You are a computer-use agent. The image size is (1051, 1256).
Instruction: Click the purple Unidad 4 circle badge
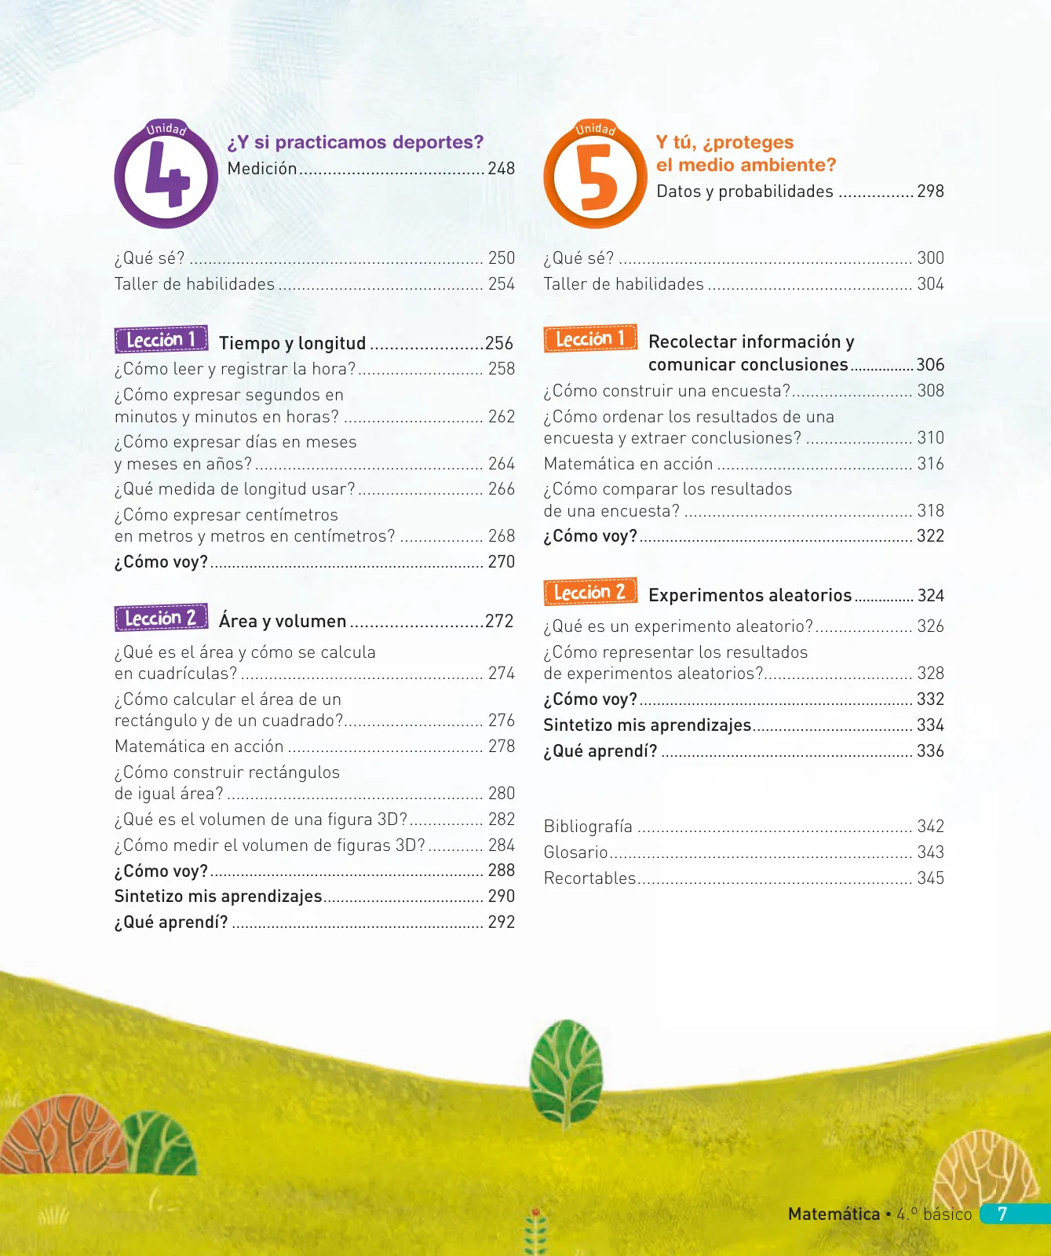(166, 175)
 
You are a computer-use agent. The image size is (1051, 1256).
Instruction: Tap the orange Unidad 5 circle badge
(596, 175)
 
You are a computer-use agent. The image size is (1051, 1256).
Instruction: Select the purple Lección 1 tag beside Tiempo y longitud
(161, 339)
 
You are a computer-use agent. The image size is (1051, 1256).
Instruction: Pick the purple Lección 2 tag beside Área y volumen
(161, 618)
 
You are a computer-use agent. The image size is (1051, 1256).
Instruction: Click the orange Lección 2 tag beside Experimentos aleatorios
(590, 592)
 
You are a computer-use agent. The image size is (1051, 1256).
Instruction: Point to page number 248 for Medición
(502, 169)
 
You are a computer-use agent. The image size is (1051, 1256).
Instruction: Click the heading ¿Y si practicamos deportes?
(356, 142)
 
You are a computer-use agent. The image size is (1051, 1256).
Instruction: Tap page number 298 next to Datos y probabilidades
(931, 192)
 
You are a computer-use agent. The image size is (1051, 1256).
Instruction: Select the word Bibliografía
(588, 827)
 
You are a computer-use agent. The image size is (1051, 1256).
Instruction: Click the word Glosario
(576, 853)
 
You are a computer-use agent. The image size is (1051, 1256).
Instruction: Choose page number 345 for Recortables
(931, 878)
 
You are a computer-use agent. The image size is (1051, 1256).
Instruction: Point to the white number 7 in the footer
(1002, 1214)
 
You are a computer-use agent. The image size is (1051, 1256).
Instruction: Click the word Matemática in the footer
(834, 1214)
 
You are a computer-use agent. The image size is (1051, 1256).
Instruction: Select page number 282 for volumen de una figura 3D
(502, 820)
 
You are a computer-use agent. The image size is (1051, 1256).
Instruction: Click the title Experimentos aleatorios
(750, 596)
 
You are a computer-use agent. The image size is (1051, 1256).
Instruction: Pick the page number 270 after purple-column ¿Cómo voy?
(502, 562)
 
